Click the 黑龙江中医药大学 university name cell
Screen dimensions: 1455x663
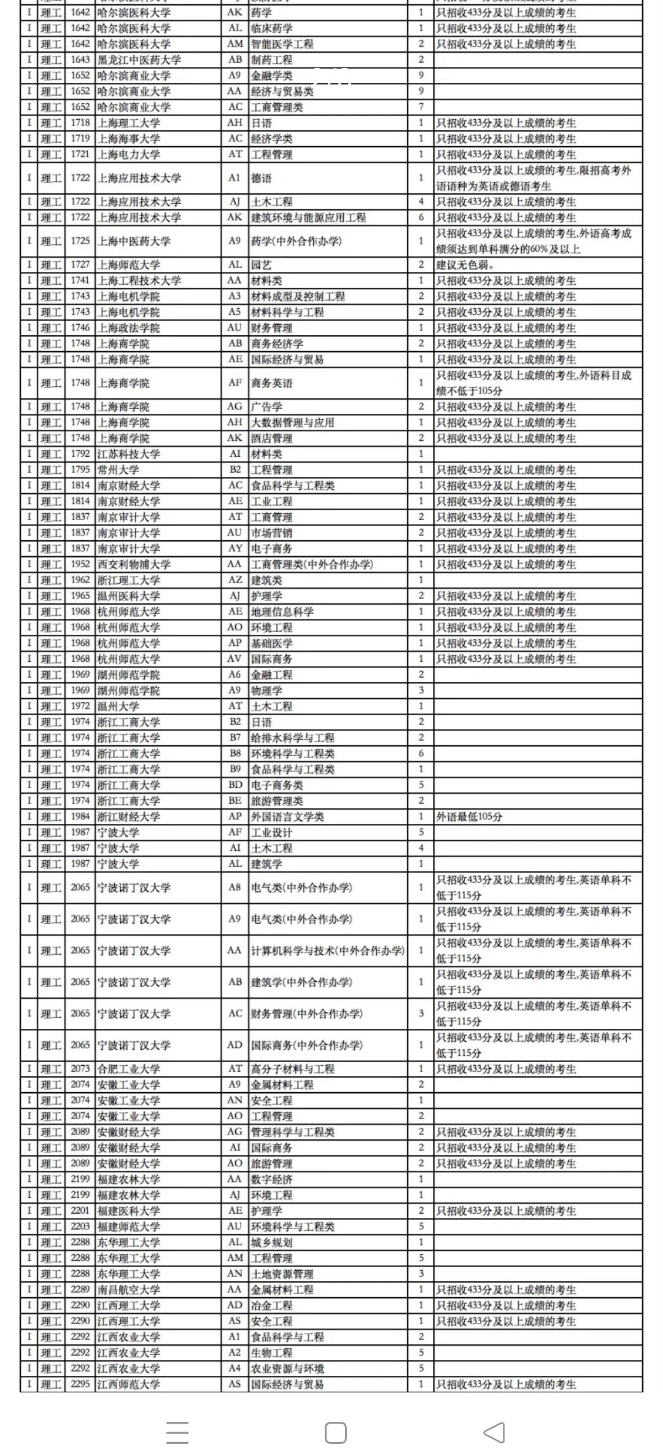pyautogui.click(x=139, y=60)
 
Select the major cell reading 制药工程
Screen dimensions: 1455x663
pyautogui.click(x=272, y=60)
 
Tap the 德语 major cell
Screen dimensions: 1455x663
pyautogui.click(x=262, y=178)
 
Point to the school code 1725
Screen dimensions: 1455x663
pyautogui.click(x=80, y=241)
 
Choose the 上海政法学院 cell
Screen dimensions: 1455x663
pyautogui.click(x=129, y=328)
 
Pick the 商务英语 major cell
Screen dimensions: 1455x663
pyautogui.click(x=272, y=383)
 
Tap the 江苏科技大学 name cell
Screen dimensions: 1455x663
pyautogui.click(x=129, y=454)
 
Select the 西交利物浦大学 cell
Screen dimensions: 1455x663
pyautogui.click(x=134, y=564)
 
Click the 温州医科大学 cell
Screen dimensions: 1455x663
pyautogui.click(x=129, y=596)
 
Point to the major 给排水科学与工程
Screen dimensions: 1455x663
pyautogui.click(x=293, y=738)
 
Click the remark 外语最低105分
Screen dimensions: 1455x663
pyautogui.click(x=469, y=817)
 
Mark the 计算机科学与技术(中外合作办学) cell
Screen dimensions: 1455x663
pyautogui.click(x=328, y=950)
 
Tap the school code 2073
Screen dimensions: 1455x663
pyautogui.click(x=80, y=1069)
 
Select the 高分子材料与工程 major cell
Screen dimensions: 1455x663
pyautogui.click(x=293, y=1069)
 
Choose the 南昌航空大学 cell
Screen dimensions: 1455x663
pyautogui.click(x=129, y=1290)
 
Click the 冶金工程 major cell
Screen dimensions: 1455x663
pyautogui.click(x=272, y=1305)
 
